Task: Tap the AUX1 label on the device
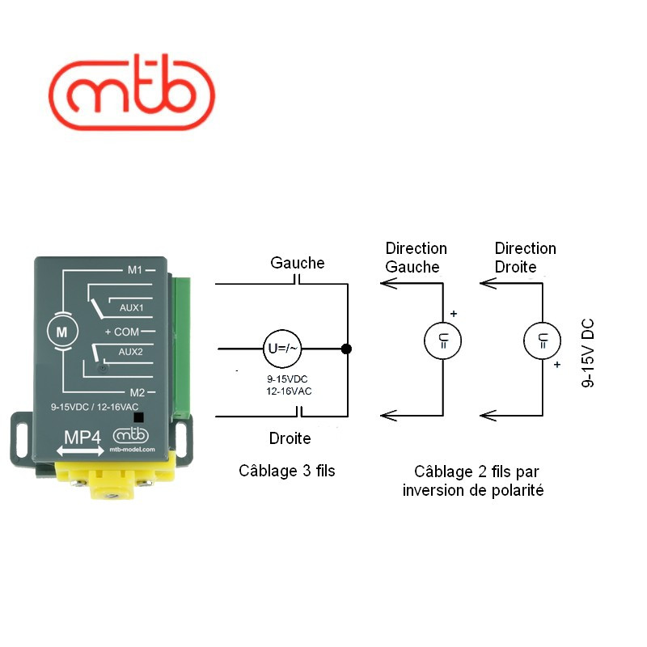click(130, 308)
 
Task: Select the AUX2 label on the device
click(130, 352)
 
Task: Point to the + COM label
click(122, 332)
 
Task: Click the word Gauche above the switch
click(297, 263)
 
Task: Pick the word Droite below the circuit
click(290, 438)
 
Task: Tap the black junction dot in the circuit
click(346, 349)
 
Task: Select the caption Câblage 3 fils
click(286, 471)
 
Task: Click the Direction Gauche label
click(416, 257)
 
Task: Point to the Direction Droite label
click(525, 257)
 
